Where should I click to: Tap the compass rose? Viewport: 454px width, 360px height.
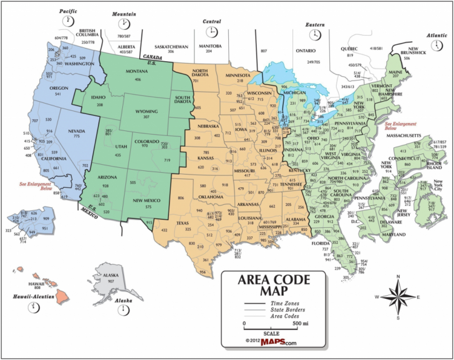(398, 296)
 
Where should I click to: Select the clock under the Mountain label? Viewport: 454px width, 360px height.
(123, 23)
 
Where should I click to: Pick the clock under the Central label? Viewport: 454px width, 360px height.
(213, 32)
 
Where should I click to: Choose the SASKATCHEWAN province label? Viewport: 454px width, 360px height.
(172, 46)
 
